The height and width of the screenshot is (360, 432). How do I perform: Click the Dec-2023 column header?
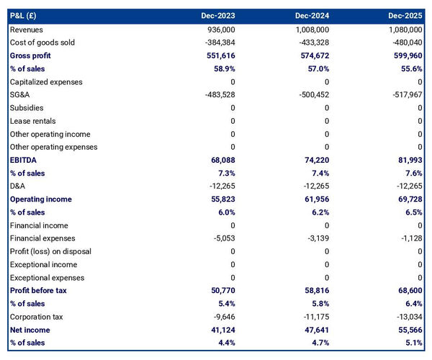point(217,15)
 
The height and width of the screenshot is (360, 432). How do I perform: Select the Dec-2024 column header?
point(312,15)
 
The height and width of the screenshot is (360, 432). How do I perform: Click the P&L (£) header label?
point(25,15)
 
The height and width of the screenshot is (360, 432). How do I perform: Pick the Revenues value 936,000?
point(219,30)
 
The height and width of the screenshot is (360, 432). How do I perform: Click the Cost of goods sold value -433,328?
point(312,42)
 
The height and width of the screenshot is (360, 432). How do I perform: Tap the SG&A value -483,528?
point(217,95)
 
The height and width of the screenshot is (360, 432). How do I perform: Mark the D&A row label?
point(19,186)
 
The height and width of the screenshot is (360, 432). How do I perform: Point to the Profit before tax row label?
point(38,290)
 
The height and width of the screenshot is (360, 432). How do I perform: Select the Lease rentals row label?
point(32,121)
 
